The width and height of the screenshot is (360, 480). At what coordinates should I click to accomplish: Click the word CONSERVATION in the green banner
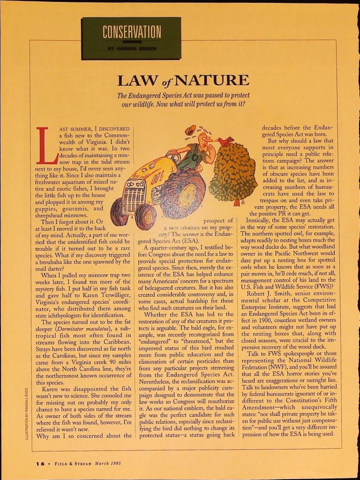131,32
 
